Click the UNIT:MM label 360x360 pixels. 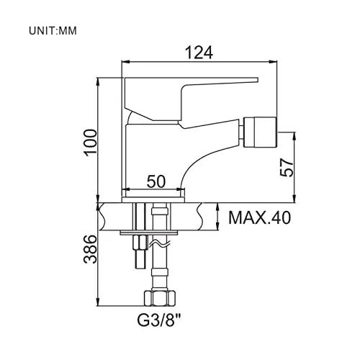(x=53, y=31)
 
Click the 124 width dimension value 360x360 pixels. (x=199, y=53)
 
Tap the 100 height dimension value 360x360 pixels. (x=91, y=143)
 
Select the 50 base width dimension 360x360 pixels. (x=156, y=181)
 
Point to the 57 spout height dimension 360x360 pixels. (x=287, y=168)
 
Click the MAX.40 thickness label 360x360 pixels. (x=260, y=217)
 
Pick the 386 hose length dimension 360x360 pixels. (x=90, y=249)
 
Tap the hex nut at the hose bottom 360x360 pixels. (x=160, y=298)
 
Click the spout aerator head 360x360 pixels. (x=260, y=132)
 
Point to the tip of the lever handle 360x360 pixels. (x=257, y=80)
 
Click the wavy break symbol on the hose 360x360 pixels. (x=160, y=244)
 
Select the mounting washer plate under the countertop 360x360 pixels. (x=149, y=233)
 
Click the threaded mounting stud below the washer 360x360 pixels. (x=140, y=252)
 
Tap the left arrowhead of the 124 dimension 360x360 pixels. (x=126, y=62)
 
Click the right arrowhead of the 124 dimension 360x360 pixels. (x=273, y=62)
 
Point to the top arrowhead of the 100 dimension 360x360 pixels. (x=98, y=82)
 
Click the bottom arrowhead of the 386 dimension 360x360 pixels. (x=98, y=302)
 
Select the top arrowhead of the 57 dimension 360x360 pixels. (x=294, y=136)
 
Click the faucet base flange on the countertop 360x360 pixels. (x=153, y=199)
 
